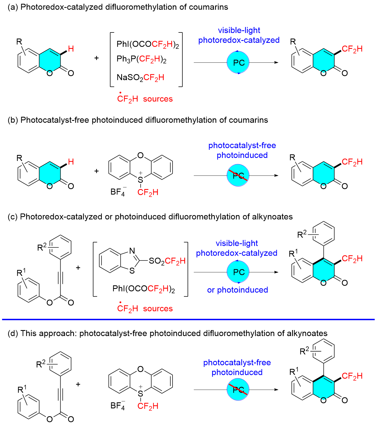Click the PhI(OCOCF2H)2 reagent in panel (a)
click(147, 44)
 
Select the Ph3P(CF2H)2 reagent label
click(141, 59)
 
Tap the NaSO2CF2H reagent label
click(140, 77)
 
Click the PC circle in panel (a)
click(238, 62)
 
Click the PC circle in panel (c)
click(238, 272)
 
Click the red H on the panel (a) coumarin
click(71, 49)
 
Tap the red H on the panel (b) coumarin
click(71, 162)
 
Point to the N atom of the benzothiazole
click(132, 251)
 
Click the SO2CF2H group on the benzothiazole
click(167, 261)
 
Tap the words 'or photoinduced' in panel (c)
click(238, 290)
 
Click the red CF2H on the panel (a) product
click(352, 49)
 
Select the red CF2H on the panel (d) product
click(352, 376)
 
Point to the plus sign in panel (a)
click(96, 58)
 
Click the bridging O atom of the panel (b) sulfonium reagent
click(140, 155)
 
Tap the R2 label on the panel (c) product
click(302, 234)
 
